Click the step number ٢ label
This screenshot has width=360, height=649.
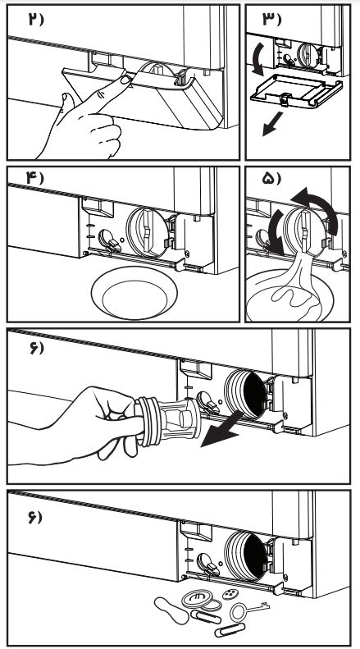pos(35,19)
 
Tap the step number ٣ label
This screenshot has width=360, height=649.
pos(271,19)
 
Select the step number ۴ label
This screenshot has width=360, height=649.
pos(34,178)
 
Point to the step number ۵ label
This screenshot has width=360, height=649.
pos(271,178)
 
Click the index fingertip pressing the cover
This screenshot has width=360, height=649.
pos(124,79)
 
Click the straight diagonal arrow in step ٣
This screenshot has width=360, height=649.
pos(272,124)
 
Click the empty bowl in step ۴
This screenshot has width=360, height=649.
pos(134,293)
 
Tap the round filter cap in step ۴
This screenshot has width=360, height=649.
pos(148,234)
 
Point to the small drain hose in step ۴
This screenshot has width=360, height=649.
pos(109,240)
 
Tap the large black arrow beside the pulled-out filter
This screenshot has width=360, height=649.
pos(219,430)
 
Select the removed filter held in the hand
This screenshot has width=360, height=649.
pos(167,421)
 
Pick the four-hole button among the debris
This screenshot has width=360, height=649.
pos(230,594)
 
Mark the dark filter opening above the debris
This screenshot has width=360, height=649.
pos(254,555)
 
